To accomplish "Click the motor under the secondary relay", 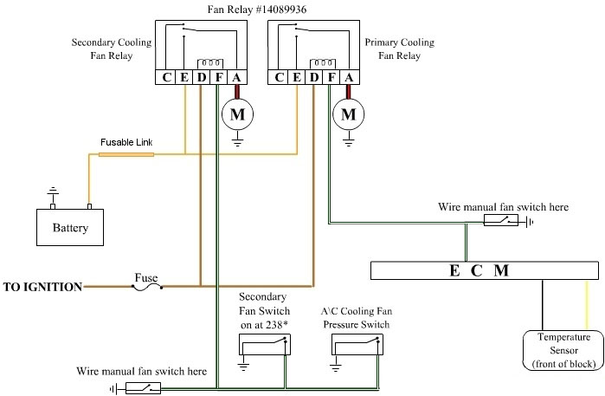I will coord(235,113).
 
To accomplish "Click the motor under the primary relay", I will coord(350,113).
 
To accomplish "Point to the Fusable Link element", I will coord(126,154).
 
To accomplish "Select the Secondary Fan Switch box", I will coord(264,344).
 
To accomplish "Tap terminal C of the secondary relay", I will coord(167,77).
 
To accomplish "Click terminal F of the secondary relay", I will coord(217,77).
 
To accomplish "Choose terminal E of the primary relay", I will coord(298,77).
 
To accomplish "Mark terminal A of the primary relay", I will coord(349,77).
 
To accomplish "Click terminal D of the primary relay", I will coord(315,77).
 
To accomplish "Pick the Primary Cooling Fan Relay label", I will coord(400,49).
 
